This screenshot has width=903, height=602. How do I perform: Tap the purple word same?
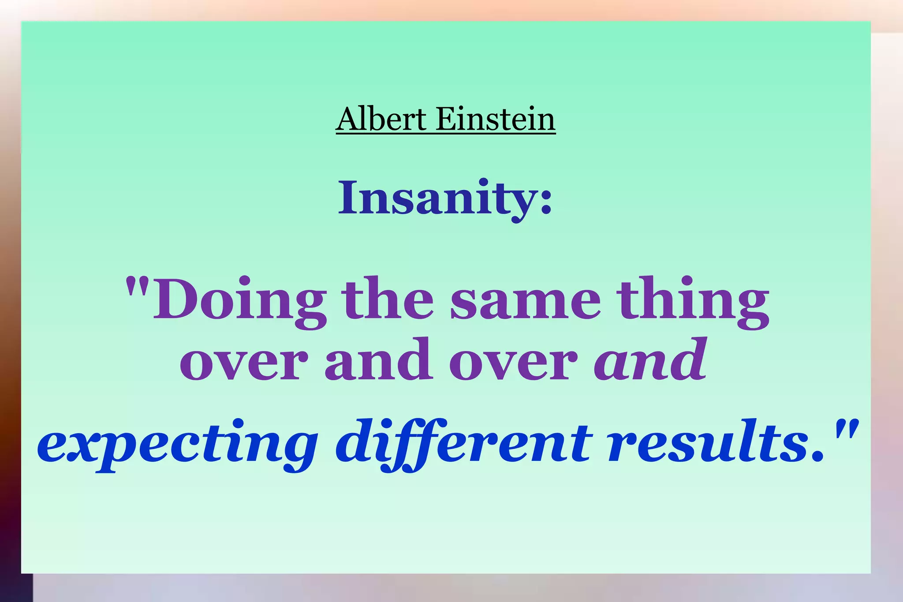[525, 302]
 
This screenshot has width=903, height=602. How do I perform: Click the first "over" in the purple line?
[244, 364]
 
